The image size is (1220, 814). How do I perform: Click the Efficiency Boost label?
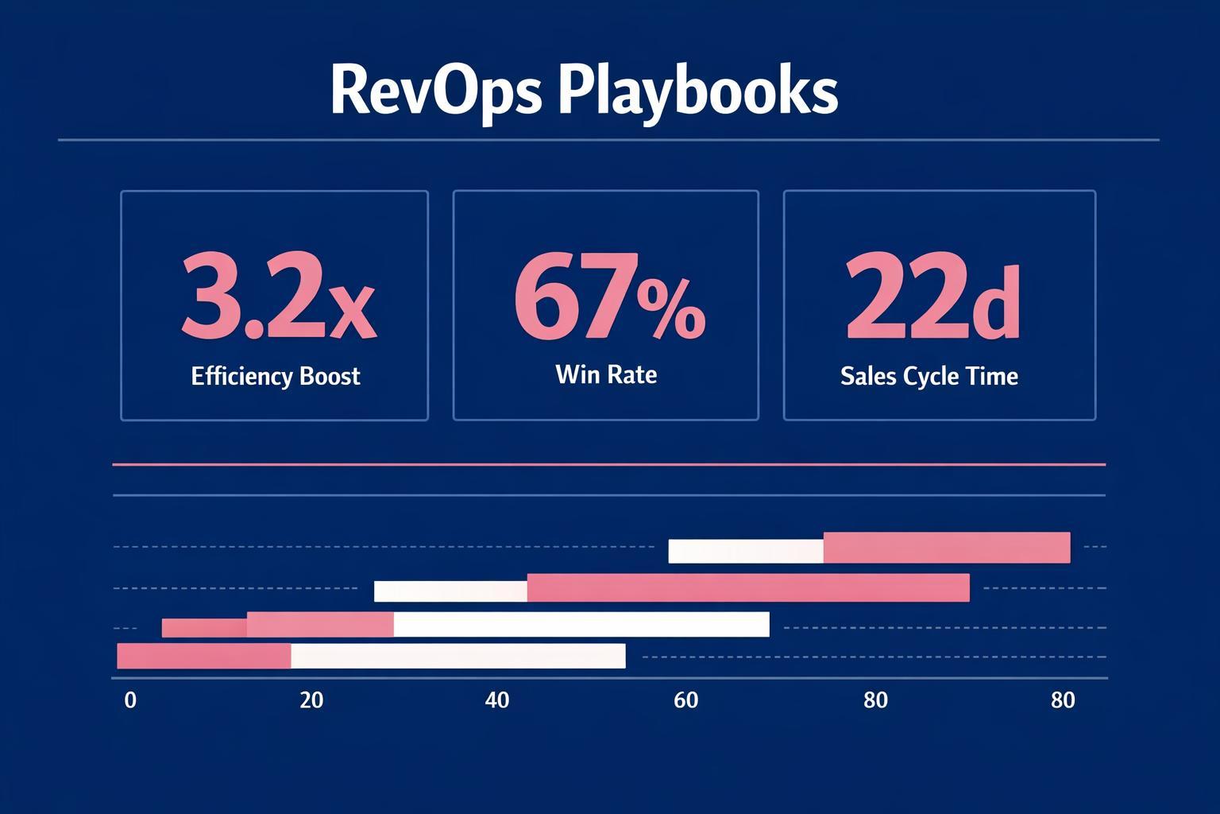click(276, 376)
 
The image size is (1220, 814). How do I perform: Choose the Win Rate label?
click(606, 374)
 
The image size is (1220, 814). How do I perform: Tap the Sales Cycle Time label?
click(929, 376)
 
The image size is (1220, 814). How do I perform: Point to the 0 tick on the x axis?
click(130, 700)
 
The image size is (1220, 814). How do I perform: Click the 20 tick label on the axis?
click(311, 700)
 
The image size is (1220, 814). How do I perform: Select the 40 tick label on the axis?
click(497, 700)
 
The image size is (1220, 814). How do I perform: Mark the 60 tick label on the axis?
click(685, 700)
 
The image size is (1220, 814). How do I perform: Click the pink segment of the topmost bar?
click(947, 548)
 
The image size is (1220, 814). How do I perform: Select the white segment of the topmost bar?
click(746, 551)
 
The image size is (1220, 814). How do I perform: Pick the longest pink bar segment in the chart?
click(748, 587)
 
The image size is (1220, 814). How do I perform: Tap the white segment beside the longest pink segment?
click(450, 591)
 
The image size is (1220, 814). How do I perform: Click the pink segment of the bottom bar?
click(204, 657)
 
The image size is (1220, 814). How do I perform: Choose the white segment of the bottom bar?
click(458, 657)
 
